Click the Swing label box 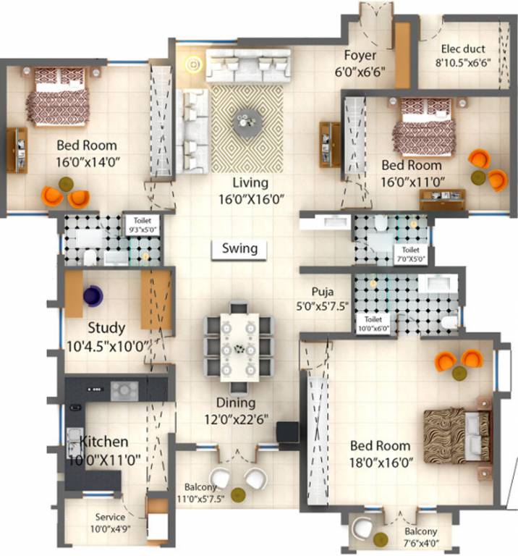coord(239,248)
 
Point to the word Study coord(106,329)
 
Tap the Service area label coord(111,518)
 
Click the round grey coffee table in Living coord(245,119)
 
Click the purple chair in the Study coord(92,295)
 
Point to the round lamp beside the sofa coord(193,66)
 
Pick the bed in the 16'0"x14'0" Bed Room coord(59,96)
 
